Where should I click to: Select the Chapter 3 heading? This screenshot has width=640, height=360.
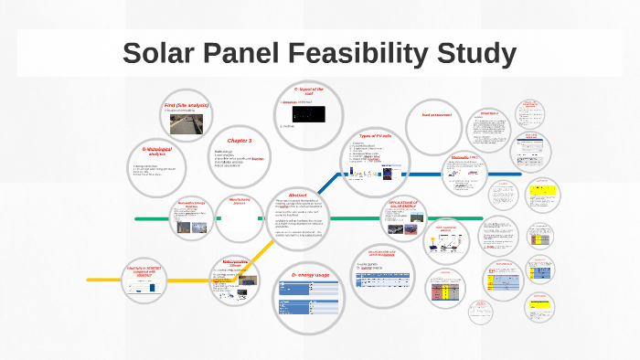(x=240, y=140)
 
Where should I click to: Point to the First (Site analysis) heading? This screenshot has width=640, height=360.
(x=187, y=106)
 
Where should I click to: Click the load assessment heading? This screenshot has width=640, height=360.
(x=438, y=114)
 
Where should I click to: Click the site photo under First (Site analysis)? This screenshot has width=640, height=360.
(x=187, y=127)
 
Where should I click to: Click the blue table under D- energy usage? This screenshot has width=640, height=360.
(x=310, y=294)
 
